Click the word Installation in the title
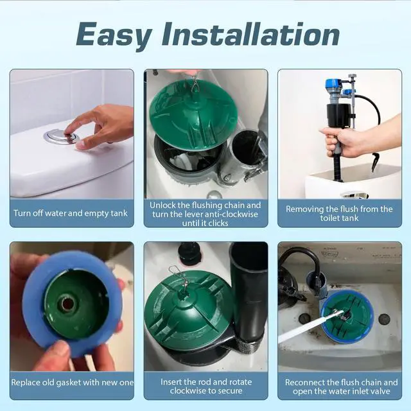(250, 33)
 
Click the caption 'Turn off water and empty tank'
(71, 213)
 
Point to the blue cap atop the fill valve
(332, 84)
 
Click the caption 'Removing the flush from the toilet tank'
(339, 213)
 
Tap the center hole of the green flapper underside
(67, 304)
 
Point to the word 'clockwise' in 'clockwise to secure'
(187, 391)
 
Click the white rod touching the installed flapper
(310, 326)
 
